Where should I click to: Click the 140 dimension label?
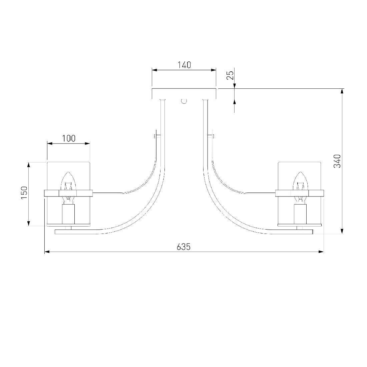point(184,65)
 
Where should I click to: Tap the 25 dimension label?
point(230,75)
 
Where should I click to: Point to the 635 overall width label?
point(184,247)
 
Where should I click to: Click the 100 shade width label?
point(69,138)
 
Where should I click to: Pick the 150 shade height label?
point(24,193)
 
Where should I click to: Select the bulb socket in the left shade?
point(68,214)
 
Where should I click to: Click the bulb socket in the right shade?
point(300,214)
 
